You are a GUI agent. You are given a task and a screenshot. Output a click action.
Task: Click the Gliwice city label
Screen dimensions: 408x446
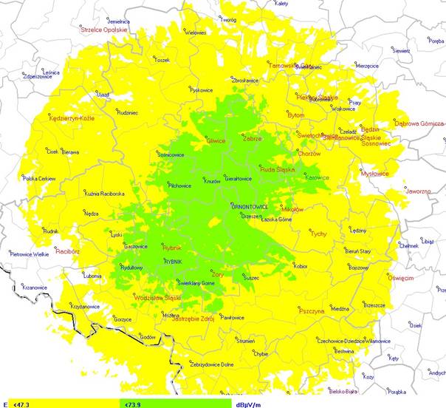click(x=216, y=140)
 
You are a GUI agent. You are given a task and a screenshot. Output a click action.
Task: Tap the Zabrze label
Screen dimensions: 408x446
click(x=253, y=138)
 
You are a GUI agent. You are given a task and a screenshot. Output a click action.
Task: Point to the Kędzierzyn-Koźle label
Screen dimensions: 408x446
click(x=71, y=118)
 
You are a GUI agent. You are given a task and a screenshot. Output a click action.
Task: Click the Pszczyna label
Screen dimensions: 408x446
click(x=312, y=311)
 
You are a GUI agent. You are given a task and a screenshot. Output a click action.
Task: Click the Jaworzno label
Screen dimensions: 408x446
click(x=418, y=191)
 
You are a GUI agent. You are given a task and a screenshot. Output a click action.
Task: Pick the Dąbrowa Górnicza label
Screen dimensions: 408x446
click(x=419, y=123)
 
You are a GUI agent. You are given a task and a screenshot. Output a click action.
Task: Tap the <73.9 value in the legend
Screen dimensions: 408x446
click(x=132, y=404)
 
